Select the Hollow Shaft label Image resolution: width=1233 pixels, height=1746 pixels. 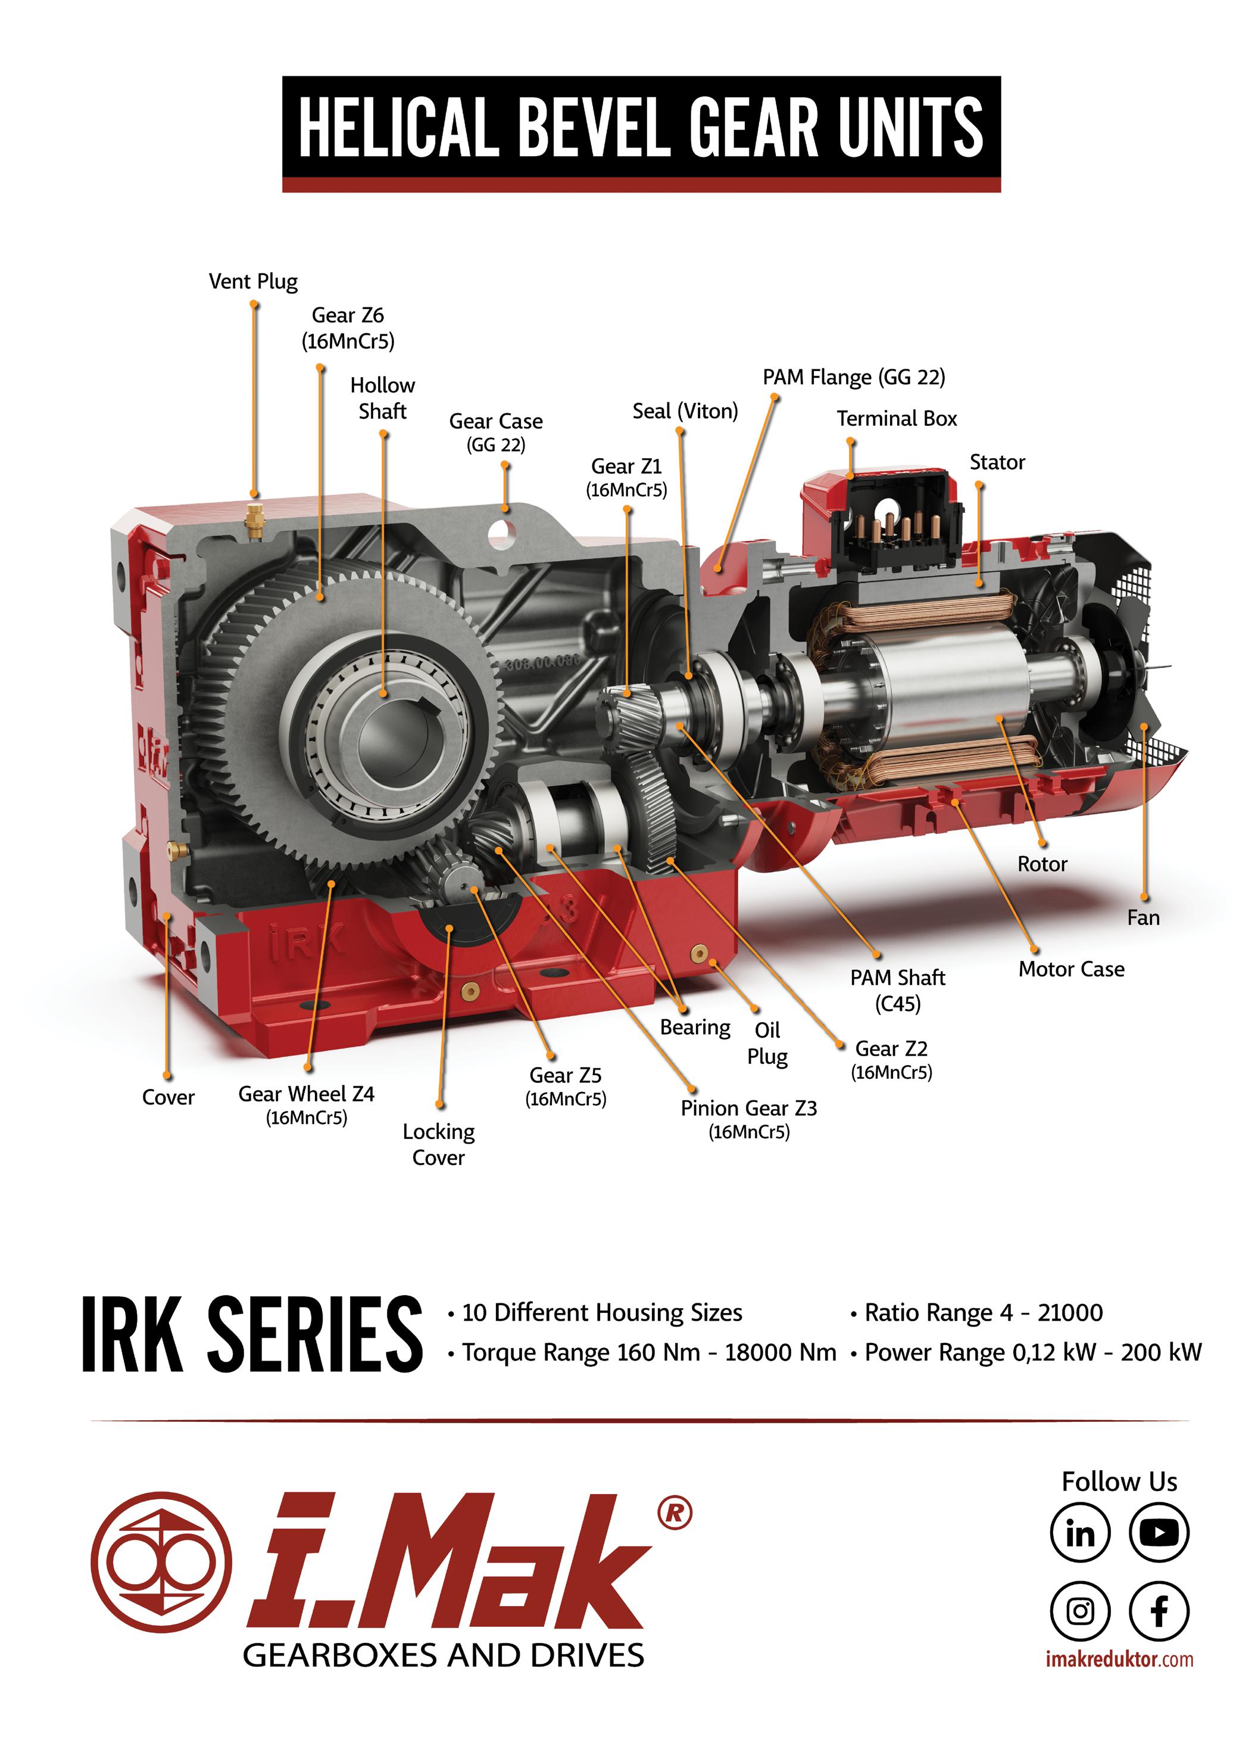point(382,398)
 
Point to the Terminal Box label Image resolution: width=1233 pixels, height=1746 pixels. point(897,418)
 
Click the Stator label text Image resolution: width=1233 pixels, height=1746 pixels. point(997,462)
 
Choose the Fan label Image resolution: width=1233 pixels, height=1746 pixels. point(1143,918)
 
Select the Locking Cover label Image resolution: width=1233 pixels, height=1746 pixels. point(439,1144)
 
